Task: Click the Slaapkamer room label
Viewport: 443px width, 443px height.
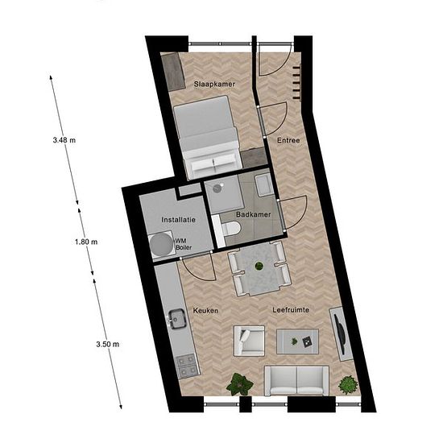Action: (x=214, y=84)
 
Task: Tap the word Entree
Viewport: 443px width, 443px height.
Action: (x=288, y=140)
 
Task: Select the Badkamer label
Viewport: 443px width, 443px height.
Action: (x=253, y=214)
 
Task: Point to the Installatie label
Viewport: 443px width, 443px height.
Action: (x=178, y=220)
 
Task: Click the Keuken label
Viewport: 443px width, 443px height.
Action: (x=205, y=310)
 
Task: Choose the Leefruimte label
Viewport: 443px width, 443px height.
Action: (x=291, y=310)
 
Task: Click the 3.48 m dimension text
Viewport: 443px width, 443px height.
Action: (x=64, y=140)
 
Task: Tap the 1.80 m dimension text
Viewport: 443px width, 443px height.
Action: (x=86, y=242)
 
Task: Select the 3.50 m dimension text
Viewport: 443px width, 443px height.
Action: (x=108, y=345)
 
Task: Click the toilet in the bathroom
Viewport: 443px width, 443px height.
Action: (x=231, y=228)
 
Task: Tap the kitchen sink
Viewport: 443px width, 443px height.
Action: (x=177, y=319)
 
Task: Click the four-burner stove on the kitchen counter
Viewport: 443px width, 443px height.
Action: (x=187, y=366)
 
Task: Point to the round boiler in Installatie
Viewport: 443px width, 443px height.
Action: (x=161, y=244)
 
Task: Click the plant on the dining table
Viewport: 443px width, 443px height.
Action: (x=259, y=266)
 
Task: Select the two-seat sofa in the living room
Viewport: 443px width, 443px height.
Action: (x=296, y=381)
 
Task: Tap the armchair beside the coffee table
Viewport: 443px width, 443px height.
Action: (x=249, y=341)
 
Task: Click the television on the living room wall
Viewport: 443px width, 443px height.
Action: (x=340, y=334)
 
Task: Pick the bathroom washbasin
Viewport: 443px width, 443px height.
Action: (x=263, y=184)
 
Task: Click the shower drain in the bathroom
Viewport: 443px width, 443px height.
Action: (x=217, y=188)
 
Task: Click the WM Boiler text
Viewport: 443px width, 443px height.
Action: (x=184, y=244)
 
